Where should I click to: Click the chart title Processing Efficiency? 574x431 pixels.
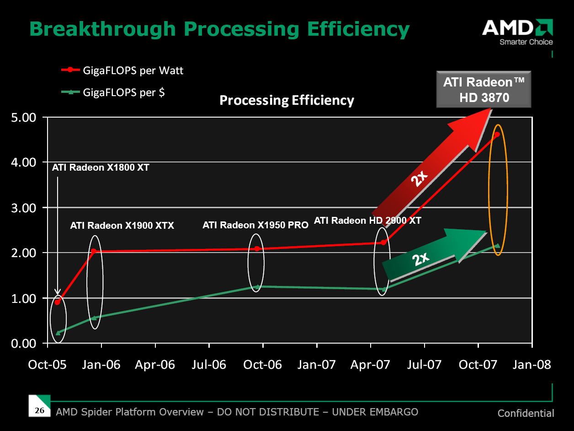click(287, 100)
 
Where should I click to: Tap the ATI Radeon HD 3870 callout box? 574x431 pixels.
click(484, 89)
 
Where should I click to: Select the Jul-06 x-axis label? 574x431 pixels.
click(209, 365)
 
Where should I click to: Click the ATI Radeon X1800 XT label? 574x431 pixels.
click(101, 167)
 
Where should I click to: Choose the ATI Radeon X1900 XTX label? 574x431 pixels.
click(122, 226)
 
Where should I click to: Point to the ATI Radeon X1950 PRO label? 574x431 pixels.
click(255, 225)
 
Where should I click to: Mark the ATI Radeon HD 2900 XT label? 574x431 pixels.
click(367, 221)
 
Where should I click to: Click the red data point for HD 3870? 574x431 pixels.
click(497, 134)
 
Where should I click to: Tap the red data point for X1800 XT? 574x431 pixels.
click(57, 302)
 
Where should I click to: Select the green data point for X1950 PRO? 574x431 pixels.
click(257, 287)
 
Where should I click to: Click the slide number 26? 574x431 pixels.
click(40, 410)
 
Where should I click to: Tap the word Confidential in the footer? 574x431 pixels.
click(526, 414)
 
